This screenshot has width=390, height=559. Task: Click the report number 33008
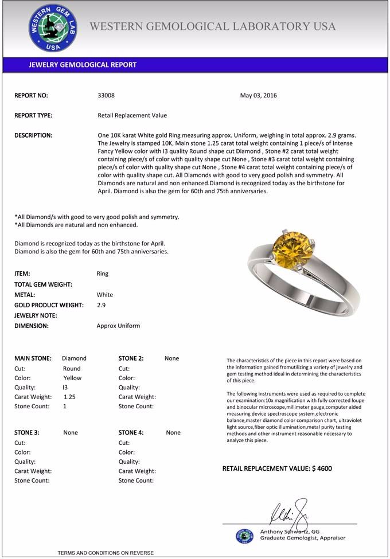[106, 96]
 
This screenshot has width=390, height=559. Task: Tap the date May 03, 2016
[258, 96]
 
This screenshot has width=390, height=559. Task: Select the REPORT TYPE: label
[33, 115]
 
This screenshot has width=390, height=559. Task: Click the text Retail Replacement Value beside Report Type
[132, 115]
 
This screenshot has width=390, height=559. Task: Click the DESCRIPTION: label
[33, 135]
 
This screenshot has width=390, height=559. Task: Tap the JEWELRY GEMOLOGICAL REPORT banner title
[83, 65]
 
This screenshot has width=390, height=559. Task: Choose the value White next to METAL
[105, 295]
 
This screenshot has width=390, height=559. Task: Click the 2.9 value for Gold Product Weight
[101, 305]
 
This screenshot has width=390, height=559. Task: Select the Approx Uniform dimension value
[118, 326]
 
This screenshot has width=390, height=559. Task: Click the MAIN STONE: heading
[33, 358]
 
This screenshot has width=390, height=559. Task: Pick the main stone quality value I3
[65, 387]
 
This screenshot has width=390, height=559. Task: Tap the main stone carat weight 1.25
[69, 397]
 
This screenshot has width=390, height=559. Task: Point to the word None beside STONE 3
[71, 432]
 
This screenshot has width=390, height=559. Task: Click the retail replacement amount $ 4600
[322, 468]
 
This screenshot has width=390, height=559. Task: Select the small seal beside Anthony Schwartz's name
[245, 535]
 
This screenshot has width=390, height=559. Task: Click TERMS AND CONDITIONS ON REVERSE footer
[106, 553]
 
